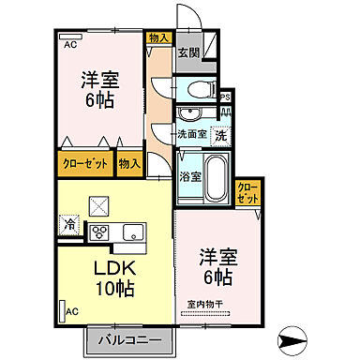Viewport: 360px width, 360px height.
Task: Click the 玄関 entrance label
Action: [x=189, y=53]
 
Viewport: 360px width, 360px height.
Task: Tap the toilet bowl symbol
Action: [x=197, y=89]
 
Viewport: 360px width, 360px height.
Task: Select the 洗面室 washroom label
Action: [x=192, y=133]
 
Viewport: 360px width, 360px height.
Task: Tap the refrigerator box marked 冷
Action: [x=69, y=224]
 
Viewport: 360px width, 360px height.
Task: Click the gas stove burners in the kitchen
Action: [x=99, y=231]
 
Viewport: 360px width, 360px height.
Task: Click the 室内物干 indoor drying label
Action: [x=205, y=304]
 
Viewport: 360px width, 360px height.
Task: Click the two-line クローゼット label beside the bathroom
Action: [x=247, y=195]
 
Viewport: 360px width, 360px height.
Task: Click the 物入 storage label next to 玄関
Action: [x=158, y=37]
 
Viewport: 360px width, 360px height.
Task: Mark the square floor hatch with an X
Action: [x=97, y=204]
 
